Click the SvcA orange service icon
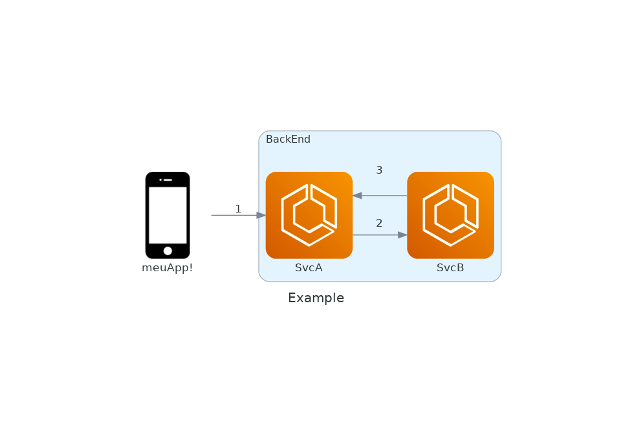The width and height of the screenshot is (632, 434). point(309,215)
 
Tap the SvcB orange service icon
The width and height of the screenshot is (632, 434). point(450,215)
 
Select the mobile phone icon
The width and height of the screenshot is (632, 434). point(168,215)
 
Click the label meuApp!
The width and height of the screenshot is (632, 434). point(168,268)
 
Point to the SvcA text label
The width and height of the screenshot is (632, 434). point(309,268)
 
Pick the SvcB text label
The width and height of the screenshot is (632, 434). point(450,268)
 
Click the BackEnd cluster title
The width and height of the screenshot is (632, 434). point(288,139)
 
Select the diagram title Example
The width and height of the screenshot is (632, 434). point(316,298)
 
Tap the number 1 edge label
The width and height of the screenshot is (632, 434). point(238,209)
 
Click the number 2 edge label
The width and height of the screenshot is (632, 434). point(379,223)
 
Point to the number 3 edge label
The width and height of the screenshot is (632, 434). point(379,170)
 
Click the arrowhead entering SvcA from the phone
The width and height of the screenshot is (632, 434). point(261,215)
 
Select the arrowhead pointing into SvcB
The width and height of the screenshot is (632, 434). point(402,235)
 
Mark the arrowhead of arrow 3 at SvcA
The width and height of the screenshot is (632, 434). point(357,196)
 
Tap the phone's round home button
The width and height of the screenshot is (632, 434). point(168,251)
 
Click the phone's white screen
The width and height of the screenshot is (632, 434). point(168,215)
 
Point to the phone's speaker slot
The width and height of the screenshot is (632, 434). point(168,180)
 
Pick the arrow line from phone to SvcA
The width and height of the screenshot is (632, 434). point(233,215)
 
